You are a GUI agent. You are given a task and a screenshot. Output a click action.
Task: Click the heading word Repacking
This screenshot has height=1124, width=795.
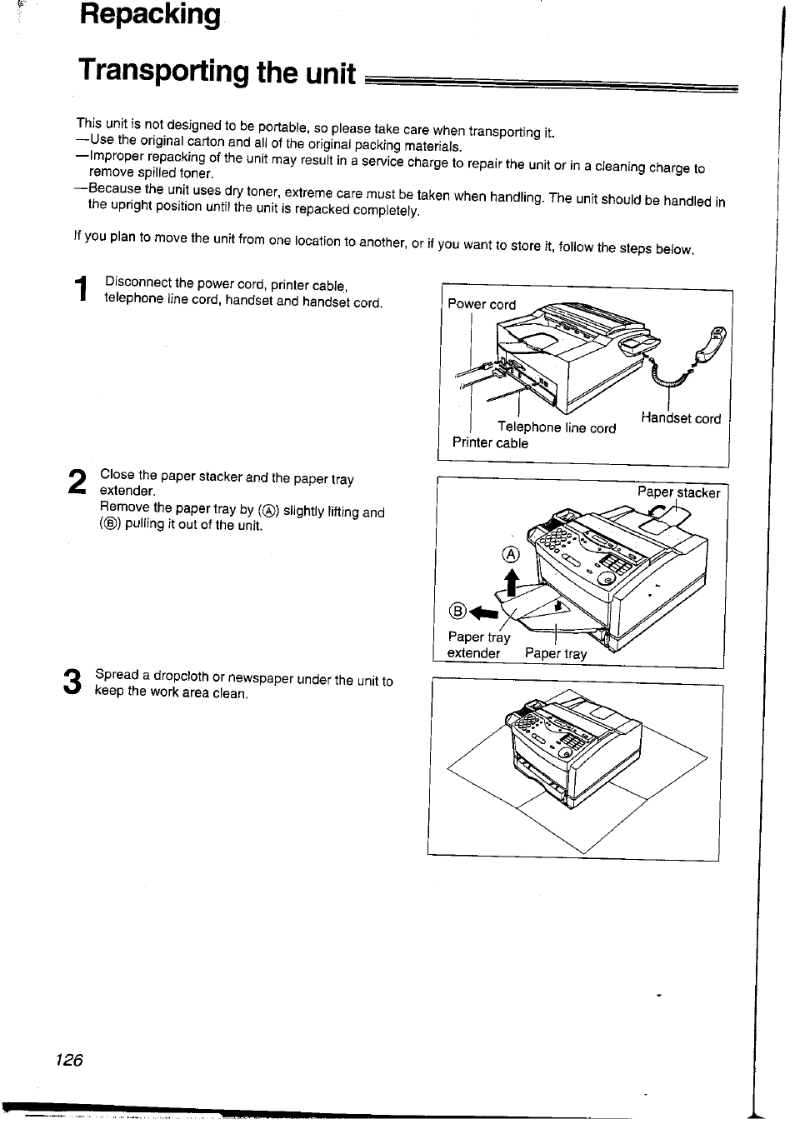point(151,15)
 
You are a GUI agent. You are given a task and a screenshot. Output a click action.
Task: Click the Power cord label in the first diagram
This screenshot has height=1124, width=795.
point(482,304)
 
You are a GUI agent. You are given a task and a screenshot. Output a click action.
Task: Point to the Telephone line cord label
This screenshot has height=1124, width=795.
point(557,427)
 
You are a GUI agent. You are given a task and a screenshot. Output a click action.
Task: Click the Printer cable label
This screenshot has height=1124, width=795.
point(490,443)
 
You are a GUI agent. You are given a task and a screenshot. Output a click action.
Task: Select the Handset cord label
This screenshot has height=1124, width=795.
point(681,418)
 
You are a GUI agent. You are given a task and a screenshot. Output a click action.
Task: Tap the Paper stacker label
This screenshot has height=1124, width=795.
point(678,492)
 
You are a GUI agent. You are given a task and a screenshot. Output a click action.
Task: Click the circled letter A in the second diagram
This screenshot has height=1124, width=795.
point(511,555)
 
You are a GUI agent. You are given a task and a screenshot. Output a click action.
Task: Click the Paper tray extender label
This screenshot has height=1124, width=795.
point(477,645)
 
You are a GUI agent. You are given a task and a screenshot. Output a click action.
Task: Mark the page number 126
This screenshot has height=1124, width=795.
point(69,1060)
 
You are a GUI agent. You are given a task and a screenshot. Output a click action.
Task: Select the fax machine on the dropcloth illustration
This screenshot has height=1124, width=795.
point(575,746)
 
